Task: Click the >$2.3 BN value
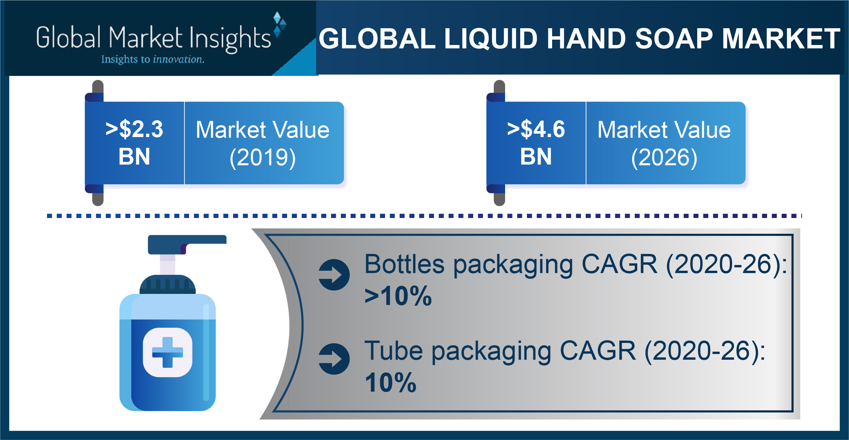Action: coord(134,143)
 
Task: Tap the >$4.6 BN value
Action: coord(536,143)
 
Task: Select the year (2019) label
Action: coord(263,158)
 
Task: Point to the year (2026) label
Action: coord(664,158)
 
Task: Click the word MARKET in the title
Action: coord(781,38)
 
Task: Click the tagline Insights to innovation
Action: coord(153,59)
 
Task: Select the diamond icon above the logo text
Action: coord(279,24)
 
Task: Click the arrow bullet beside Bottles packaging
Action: coord(334,275)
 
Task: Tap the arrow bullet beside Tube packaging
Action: coord(334,359)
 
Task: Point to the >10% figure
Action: coord(398,296)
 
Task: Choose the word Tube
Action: coord(394,351)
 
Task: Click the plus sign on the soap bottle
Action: coord(168,352)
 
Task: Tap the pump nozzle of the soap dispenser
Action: coord(187,244)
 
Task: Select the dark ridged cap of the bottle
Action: coord(168,284)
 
